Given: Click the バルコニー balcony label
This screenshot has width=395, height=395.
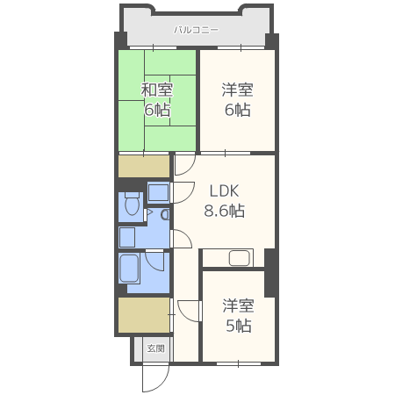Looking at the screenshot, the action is pyautogui.click(x=196, y=30).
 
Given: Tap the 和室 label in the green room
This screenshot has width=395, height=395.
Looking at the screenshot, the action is pyautogui.click(x=157, y=90).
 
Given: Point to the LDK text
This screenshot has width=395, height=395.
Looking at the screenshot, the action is pyautogui.click(x=225, y=190).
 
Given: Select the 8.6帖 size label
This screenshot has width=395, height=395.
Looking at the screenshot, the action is pyautogui.click(x=225, y=211).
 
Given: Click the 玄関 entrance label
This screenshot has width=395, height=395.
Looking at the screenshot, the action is pyautogui.click(x=155, y=348).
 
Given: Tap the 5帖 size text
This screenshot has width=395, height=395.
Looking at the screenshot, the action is pyautogui.click(x=239, y=326).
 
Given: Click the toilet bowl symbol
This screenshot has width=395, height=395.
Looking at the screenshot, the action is pyautogui.click(x=132, y=204).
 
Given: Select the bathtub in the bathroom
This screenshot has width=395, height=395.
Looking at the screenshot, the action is pyautogui.click(x=129, y=269).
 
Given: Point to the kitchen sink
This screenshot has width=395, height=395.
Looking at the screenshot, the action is pyautogui.click(x=240, y=258).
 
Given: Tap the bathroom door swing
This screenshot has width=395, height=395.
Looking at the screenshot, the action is pyautogui.click(x=155, y=262).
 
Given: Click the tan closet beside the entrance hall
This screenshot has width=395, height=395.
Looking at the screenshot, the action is pyautogui.click(x=144, y=315).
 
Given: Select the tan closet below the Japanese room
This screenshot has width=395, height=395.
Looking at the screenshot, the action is pyautogui.click(x=144, y=166).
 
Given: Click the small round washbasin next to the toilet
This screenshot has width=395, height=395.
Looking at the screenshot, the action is pyautogui.click(x=165, y=215).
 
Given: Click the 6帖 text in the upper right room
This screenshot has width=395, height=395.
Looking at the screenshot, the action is pyautogui.click(x=237, y=110).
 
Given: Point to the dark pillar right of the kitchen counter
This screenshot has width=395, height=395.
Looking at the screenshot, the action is pyautogui.click(x=269, y=273).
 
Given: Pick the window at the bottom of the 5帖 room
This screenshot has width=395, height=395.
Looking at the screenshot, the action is pyautogui.click(x=239, y=363).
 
